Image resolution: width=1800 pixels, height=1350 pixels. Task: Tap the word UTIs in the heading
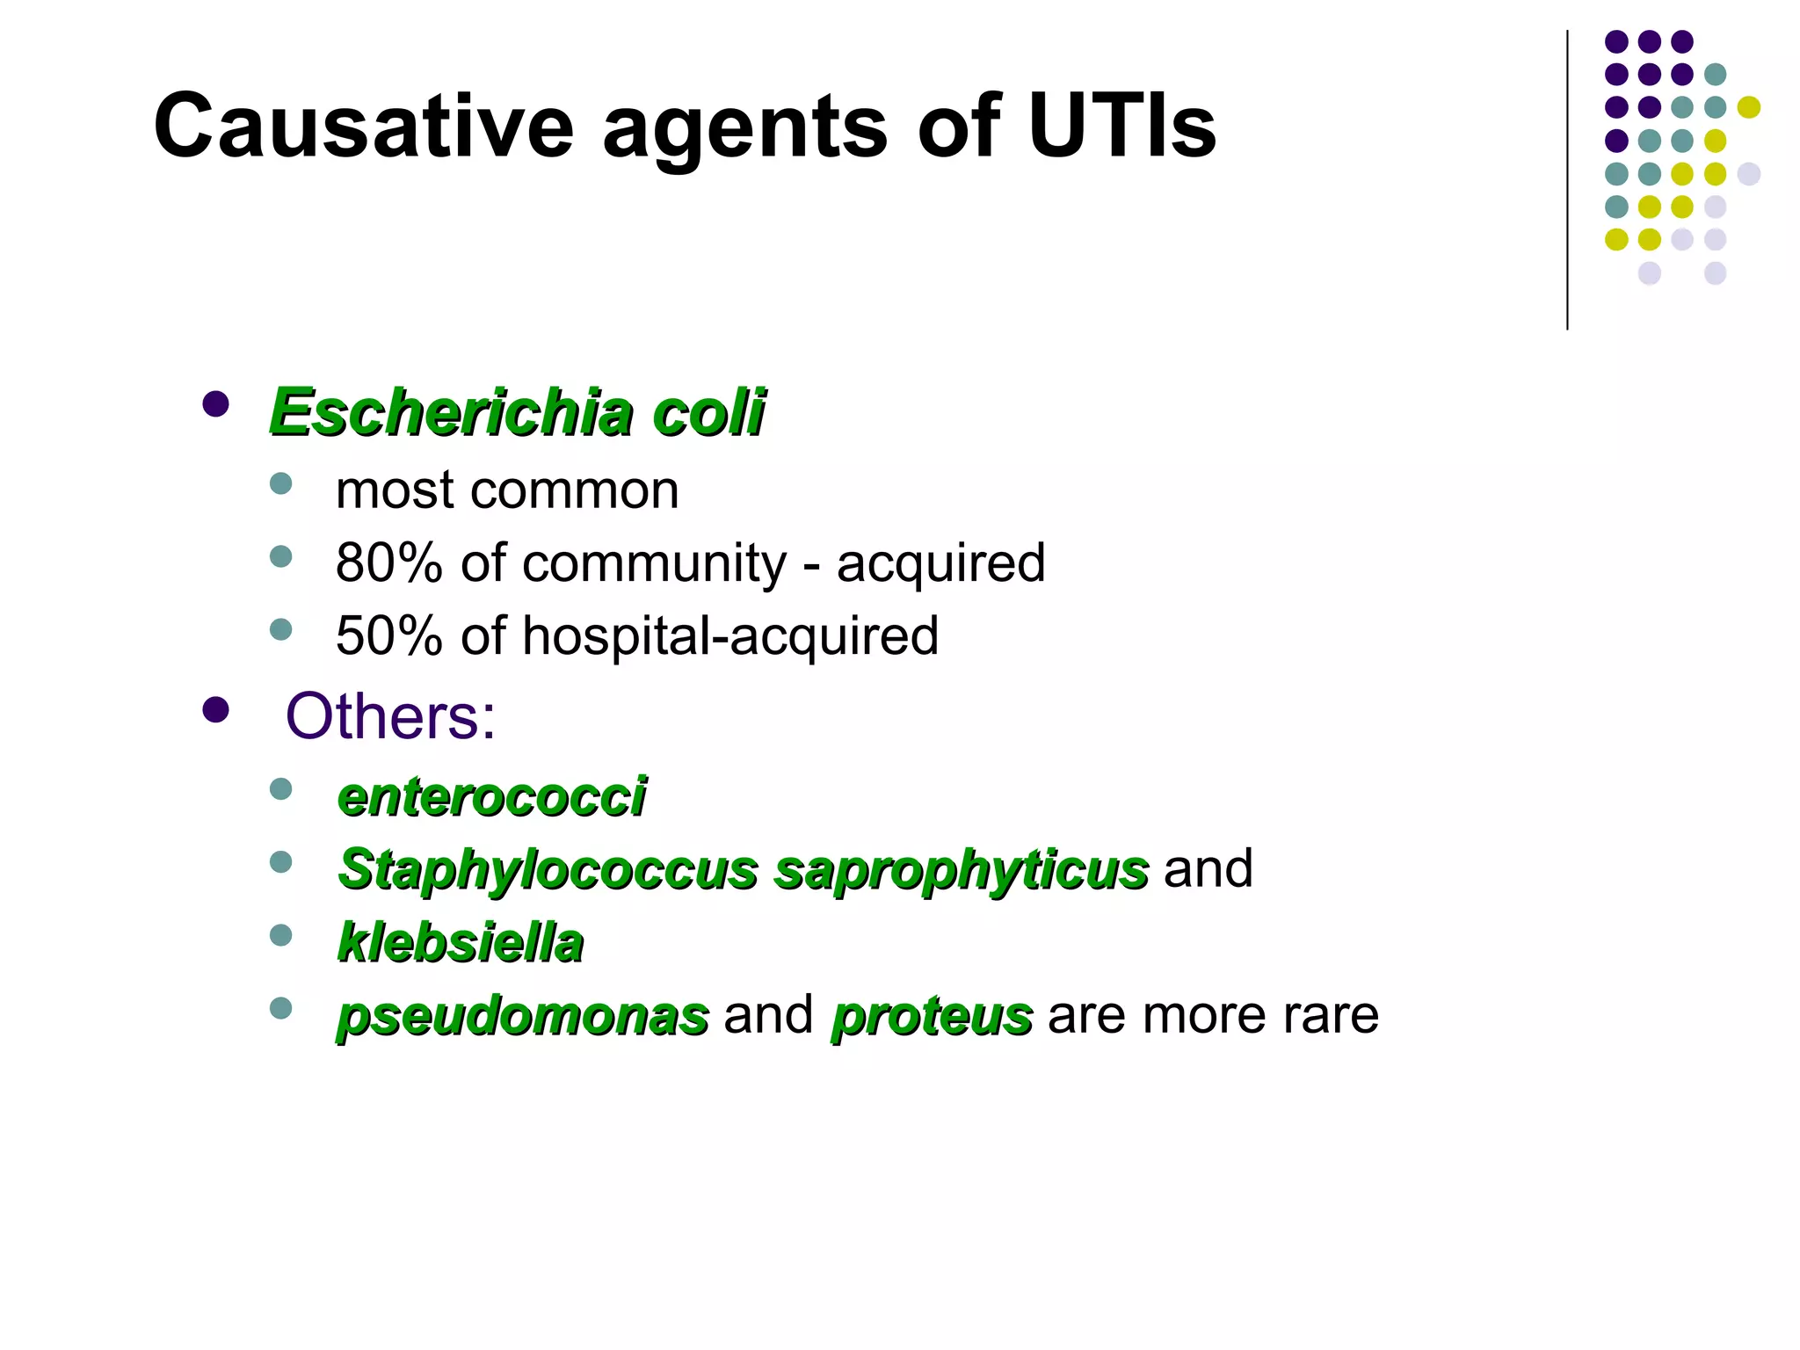point(1121,127)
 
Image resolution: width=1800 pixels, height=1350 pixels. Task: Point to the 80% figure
point(388,562)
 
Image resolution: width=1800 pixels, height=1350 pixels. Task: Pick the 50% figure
point(388,635)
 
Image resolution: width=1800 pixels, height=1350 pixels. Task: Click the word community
point(654,564)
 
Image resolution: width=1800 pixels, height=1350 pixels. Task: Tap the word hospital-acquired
point(730,636)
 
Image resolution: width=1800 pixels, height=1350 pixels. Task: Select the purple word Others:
point(390,716)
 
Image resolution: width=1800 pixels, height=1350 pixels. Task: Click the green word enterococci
point(492,797)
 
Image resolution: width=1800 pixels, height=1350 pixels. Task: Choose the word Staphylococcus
point(548,870)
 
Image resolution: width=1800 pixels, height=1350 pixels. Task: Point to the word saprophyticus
point(961,870)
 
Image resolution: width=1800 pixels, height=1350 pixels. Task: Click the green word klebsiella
point(461,942)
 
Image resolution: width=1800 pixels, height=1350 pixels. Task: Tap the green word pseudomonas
point(523,1017)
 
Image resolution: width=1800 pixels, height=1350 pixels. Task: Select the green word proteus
point(932,1017)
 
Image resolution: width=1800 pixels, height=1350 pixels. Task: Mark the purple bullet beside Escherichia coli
point(215,404)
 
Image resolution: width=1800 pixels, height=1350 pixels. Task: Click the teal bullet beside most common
point(280,483)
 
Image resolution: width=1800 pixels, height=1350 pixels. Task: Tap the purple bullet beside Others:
point(215,709)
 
